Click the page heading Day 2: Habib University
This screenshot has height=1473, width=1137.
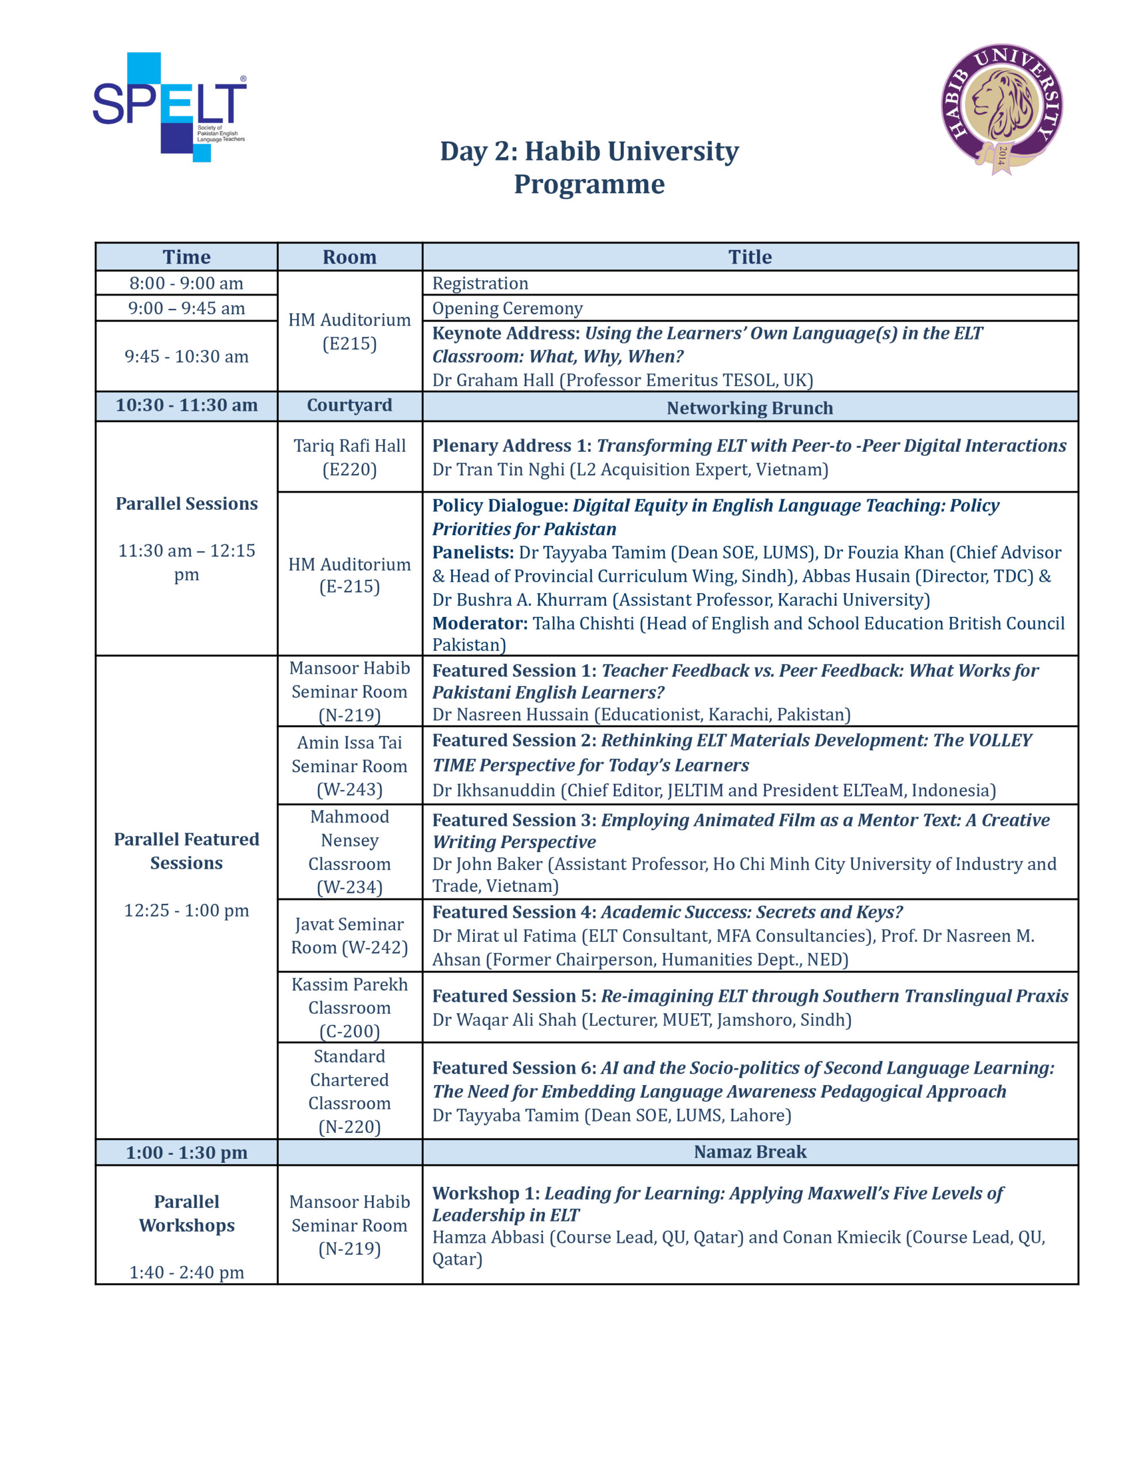[x=589, y=151]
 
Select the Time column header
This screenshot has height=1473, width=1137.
[x=186, y=257]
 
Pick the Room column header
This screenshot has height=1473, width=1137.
[x=349, y=257]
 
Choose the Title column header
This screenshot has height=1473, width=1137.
[x=750, y=257]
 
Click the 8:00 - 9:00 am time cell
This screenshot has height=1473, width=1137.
[x=186, y=283]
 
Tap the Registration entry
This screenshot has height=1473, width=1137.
[x=480, y=283]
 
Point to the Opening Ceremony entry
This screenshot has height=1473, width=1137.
[x=507, y=308]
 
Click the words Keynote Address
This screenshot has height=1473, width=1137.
[x=505, y=333]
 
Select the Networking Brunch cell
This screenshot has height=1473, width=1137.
[x=750, y=408]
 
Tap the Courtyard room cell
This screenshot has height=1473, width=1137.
[x=349, y=405]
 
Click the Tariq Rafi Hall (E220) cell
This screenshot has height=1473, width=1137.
[x=349, y=457]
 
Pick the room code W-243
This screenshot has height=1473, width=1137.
[x=349, y=790]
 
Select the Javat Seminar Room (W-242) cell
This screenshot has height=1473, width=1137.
[x=349, y=936]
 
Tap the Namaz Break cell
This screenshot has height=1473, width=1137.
[x=750, y=1152]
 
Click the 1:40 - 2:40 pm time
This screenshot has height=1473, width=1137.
[x=186, y=1273]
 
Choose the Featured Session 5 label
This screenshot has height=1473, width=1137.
[x=513, y=996]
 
